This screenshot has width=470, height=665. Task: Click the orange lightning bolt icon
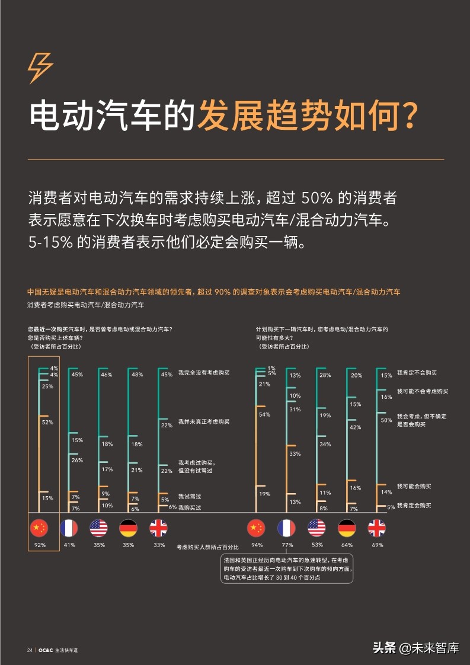[40, 68]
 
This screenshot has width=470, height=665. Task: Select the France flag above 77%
[286, 527]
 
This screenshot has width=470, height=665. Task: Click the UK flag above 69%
[376, 527]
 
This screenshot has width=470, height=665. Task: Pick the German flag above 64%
[346, 527]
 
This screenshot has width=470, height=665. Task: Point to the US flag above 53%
[316, 527]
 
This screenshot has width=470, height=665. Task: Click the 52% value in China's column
[47, 423]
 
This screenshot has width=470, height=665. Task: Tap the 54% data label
[264, 414]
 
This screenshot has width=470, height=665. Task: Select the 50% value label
[386, 420]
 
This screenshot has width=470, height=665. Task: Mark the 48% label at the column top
[137, 375]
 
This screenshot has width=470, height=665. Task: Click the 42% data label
[355, 427]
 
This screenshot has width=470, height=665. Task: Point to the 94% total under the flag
[257, 545]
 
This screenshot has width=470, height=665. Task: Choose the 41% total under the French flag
[69, 545]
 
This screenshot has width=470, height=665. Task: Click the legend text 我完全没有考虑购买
[203, 374]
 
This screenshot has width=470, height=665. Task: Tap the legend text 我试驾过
[190, 496]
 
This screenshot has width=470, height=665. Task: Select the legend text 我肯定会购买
[414, 506]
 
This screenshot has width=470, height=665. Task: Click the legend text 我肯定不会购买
[417, 373]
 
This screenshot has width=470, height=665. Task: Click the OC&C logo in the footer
[46, 650]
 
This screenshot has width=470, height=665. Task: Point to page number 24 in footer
[30, 650]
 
